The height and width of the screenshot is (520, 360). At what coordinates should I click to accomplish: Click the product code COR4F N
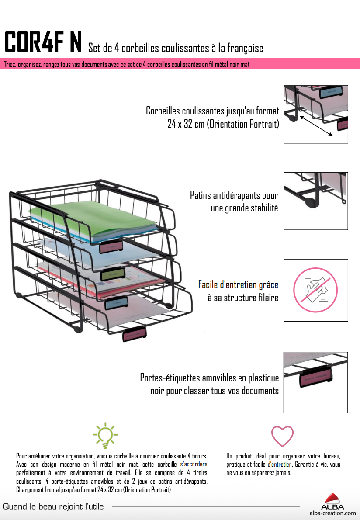click(x=43, y=42)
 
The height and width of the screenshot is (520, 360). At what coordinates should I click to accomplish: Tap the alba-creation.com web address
click(x=332, y=513)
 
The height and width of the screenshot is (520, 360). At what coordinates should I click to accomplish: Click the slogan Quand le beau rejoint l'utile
click(x=53, y=506)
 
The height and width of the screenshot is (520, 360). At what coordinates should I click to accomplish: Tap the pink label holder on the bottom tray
click(x=135, y=334)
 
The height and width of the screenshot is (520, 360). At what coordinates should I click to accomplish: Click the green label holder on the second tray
click(x=113, y=275)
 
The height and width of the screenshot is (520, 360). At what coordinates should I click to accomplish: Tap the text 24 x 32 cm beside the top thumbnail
click(x=186, y=124)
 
